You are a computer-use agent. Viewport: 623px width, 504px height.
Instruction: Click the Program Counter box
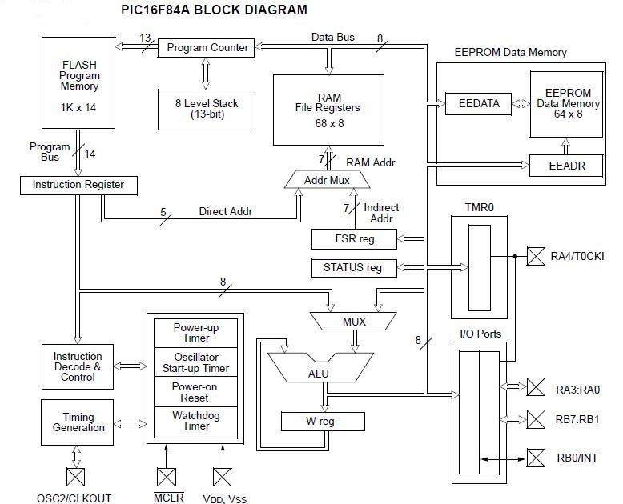207,47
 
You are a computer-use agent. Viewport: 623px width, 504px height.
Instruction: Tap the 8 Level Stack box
208,109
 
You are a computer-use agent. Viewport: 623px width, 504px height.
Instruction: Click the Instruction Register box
78,185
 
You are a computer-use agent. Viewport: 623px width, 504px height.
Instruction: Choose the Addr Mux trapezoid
327,180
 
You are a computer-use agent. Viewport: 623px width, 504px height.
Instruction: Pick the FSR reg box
353,238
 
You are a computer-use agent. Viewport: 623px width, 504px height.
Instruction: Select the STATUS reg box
353,267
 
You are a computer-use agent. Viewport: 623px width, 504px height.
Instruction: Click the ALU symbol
319,373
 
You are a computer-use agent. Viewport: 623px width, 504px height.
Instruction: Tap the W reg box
323,422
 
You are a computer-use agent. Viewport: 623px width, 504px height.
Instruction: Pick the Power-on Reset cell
195,392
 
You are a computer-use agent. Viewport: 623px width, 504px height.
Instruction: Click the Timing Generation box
78,422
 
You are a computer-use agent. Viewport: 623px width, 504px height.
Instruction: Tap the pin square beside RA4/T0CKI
535,256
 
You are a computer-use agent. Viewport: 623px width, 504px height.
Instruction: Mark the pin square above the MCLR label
167,477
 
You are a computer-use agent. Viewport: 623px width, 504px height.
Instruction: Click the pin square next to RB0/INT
535,458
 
